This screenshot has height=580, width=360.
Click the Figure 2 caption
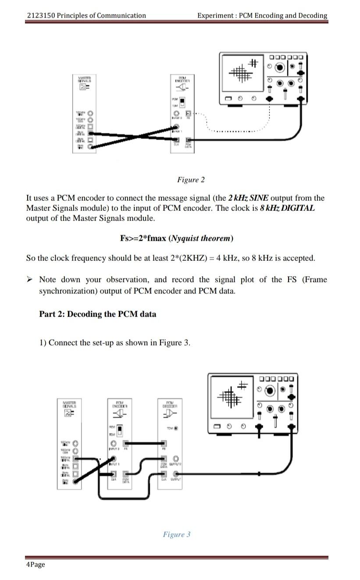click(191, 180)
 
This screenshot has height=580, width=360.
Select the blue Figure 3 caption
click(177, 534)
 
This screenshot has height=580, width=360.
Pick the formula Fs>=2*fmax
click(143, 238)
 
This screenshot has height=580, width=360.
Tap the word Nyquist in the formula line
click(186, 238)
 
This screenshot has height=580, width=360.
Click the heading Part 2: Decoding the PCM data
click(97, 314)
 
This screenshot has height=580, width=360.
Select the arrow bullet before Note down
click(30, 280)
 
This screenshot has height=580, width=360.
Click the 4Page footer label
click(36, 564)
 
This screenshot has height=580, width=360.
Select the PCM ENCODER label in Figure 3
click(119, 404)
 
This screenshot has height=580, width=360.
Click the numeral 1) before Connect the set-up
click(43, 343)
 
